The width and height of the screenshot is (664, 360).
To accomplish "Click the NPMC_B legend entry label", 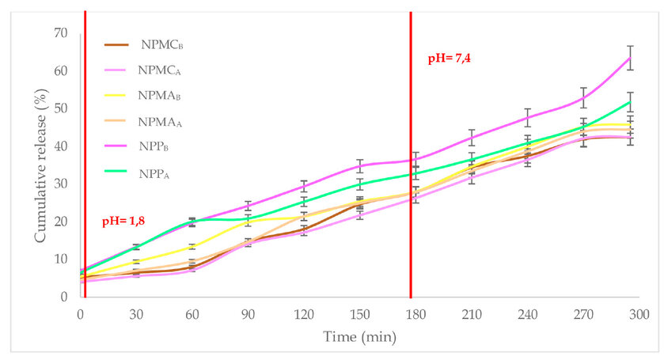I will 162,44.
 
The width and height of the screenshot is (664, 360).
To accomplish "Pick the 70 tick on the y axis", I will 61,32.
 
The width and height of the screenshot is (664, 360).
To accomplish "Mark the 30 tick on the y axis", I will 61,184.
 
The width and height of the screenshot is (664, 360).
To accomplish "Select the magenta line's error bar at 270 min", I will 583,98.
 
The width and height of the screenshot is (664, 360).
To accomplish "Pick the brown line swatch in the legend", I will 118,44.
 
